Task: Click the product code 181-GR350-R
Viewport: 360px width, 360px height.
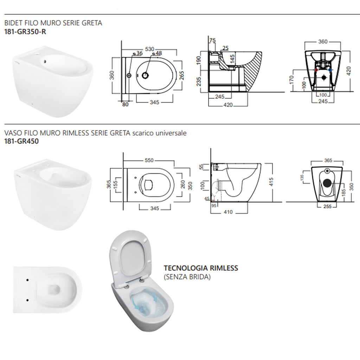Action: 25,31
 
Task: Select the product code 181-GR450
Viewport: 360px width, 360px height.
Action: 21,141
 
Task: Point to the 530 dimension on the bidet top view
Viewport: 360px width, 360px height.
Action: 150,49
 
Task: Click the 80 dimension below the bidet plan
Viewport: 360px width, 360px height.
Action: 126,104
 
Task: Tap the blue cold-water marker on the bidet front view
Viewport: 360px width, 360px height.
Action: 330,70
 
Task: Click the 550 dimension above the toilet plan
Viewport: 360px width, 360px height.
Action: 149,160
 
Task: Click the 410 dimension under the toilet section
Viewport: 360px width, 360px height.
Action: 229,212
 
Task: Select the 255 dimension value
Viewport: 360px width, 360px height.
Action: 327,207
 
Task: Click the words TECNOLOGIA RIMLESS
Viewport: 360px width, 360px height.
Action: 201,268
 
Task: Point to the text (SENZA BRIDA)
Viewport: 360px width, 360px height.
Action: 187,277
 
